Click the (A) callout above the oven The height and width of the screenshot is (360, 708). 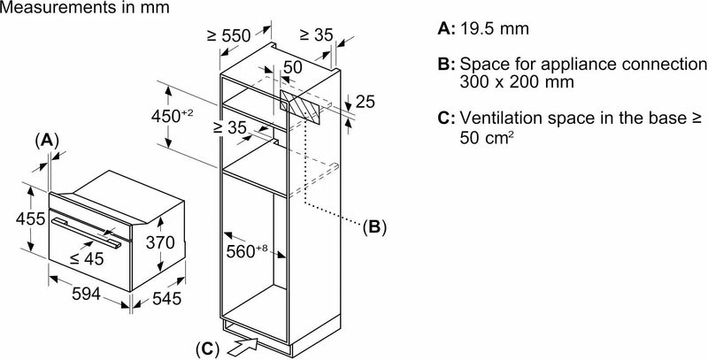47,139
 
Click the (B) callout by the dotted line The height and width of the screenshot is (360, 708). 373,226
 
